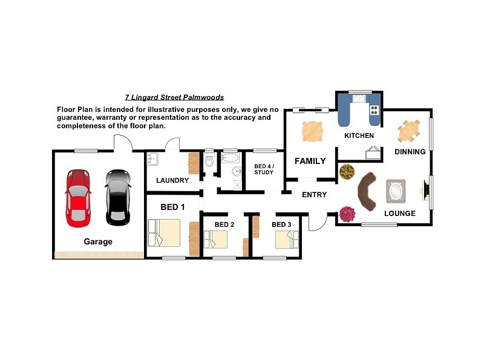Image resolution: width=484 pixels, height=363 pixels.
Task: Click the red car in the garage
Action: click(78, 198)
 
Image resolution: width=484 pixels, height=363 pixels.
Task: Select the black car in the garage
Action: click(117, 198)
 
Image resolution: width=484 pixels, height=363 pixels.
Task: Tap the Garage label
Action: click(98, 241)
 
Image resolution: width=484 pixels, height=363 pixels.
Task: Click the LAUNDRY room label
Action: click(172, 180)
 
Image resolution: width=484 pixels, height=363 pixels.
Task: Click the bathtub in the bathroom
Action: click(231, 158)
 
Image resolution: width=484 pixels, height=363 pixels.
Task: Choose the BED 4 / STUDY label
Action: click(264, 169)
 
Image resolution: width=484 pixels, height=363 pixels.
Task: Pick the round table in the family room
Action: click(313, 131)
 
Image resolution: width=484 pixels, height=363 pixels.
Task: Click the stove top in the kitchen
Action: click(374, 110)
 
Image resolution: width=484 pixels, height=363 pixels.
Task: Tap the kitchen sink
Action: click(359, 99)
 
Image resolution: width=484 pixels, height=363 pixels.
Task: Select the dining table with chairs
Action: click(409, 131)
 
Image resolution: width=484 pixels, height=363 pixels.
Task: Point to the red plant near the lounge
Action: click(347, 214)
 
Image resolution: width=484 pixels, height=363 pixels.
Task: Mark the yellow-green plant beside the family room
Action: click(347, 172)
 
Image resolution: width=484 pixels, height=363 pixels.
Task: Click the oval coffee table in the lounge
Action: click(396, 191)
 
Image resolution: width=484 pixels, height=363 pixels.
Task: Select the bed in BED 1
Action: click(164, 233)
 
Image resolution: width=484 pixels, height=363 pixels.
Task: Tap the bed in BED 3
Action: click(287, 240)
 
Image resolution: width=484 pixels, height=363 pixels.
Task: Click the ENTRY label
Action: click(314, 195)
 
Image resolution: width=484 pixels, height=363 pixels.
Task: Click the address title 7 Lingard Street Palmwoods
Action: click(174, 97)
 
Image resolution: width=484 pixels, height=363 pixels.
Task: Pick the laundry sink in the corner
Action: click(152, 159)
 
